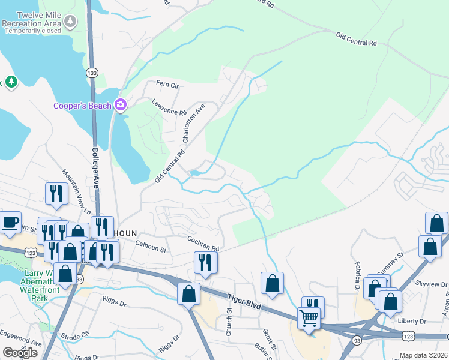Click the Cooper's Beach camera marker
coord(121,106)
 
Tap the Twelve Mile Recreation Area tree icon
coord(71,22)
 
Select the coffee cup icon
coord(10,221)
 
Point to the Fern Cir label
coord(167,85)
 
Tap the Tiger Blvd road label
coord(245,301)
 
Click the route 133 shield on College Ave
coord(92,73)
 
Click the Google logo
coord(20,353)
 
